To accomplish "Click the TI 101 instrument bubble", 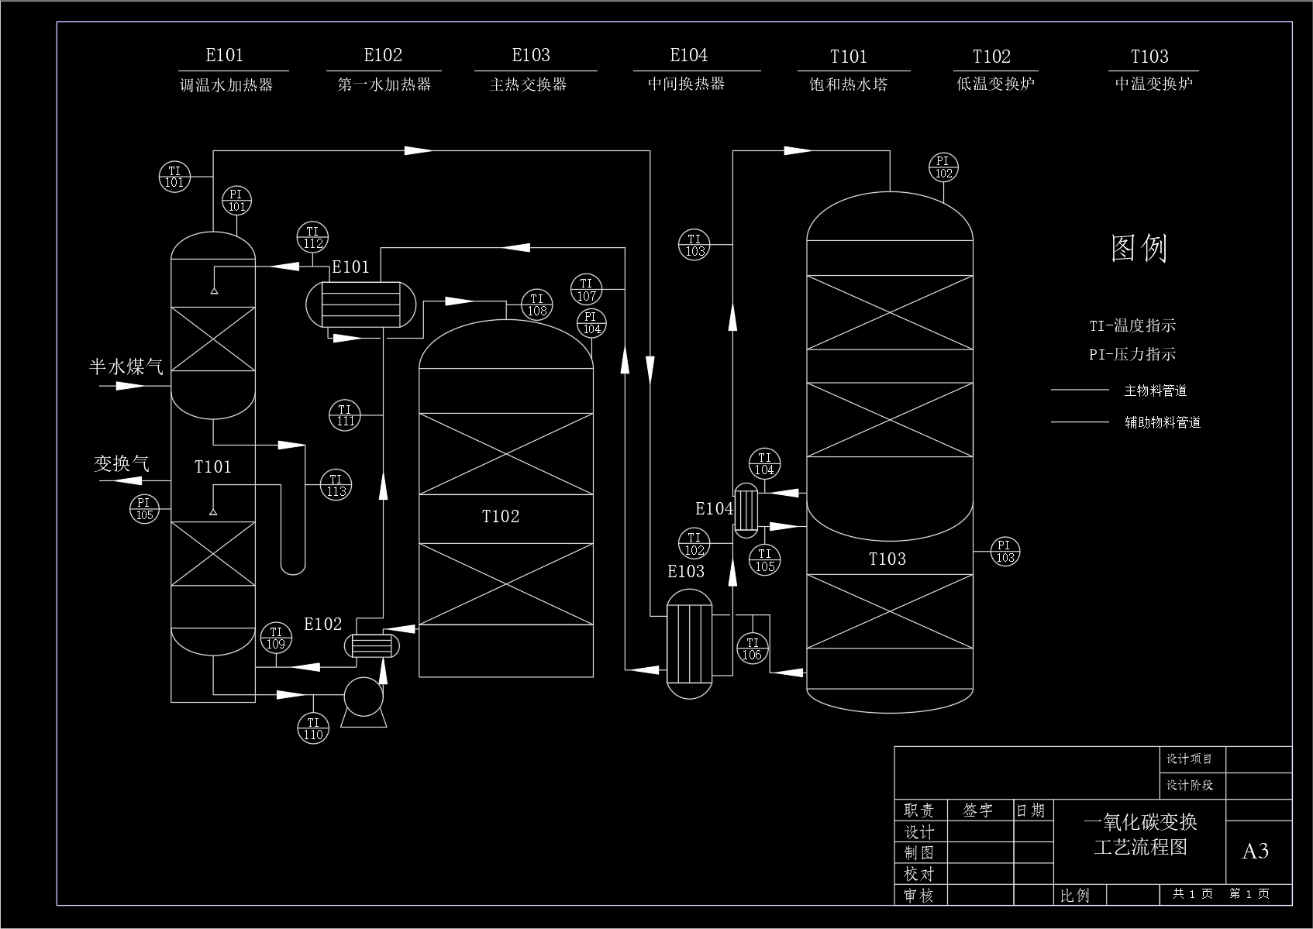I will pos(174,177).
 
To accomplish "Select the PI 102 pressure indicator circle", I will pos(943,167).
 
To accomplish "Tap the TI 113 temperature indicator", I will pos(336,485).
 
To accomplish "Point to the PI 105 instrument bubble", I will pos(144,508).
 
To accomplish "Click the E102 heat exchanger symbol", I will pos(372,645).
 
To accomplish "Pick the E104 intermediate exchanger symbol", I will pos(746,510).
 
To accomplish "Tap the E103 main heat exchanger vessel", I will pos(689,643).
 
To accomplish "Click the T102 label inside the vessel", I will pos(501,517).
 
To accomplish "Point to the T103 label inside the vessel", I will pos(887,559).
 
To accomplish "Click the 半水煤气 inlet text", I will pos(126,366).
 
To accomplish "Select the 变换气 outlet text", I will pos(122,463).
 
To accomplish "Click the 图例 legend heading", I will pos(1139,248).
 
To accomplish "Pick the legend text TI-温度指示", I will pos(1132,326).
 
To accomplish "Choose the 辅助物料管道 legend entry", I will pos(1163,423).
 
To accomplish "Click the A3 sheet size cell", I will pos(1255,852).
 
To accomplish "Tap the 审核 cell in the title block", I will pos(919,896).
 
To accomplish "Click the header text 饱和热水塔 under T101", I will pos(849,84).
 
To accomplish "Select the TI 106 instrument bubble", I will pos(752,649).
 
